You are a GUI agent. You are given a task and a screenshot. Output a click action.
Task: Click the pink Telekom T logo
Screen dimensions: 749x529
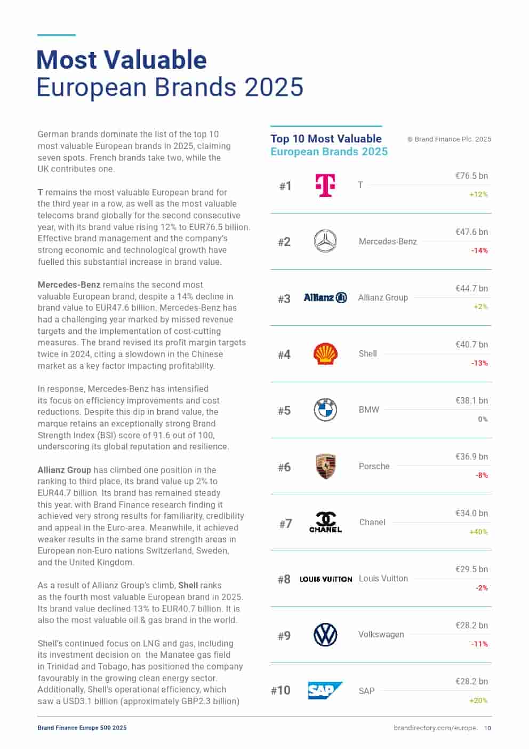click(325, 185)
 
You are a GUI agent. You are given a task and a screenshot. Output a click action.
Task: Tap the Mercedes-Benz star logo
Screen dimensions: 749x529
click(325, 241)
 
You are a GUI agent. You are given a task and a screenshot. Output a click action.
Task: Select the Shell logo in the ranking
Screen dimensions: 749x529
click(325, 353)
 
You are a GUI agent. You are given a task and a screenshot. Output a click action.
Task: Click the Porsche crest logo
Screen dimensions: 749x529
click(325, 466)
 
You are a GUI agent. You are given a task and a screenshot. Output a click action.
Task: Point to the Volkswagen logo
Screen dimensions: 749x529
click(325, 635)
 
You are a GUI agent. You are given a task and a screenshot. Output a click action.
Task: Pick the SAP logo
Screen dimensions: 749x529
click(325, 690)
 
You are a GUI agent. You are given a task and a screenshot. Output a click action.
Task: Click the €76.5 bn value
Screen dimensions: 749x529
click(471, 176)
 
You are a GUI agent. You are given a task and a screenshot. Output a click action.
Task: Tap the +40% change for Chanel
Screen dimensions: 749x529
click(478, 532)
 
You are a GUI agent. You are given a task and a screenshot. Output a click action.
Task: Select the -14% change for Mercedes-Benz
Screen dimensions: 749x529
click(479, 250)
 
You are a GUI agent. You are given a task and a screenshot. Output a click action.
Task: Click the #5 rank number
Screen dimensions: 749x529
click(284, 411)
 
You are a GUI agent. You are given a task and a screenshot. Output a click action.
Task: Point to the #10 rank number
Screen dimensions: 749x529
click(280, 690)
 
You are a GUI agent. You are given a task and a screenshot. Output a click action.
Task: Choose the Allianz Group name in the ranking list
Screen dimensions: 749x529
click(383, 297)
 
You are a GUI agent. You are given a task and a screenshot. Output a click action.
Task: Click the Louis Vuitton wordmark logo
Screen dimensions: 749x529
click(326, 579)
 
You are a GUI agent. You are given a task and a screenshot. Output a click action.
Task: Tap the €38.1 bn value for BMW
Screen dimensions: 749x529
click(471, 400)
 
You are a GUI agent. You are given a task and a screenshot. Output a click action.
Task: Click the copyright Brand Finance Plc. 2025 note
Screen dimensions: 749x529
click(449, 139)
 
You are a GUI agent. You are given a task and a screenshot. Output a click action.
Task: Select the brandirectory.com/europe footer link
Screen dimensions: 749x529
click(435, 728)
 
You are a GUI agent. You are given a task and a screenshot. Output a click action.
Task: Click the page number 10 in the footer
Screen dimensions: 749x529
click(488, 728)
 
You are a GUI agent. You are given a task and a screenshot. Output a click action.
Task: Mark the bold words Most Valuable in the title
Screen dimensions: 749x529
click(122, 60)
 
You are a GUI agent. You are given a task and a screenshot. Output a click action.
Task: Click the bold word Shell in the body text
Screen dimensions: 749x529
click(188, 585)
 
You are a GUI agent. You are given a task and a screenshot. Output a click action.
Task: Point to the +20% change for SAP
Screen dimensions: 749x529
click(478, 700)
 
